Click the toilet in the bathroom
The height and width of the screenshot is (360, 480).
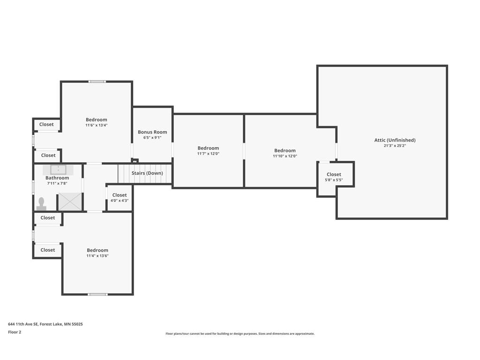click(x=41, y=204)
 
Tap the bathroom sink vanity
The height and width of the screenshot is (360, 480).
click(x=58, y=170)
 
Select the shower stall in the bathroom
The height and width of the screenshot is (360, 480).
click(x=70, y=202)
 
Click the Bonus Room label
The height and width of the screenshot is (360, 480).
click(x=152, y=132)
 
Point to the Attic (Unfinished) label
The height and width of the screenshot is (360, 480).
click(x=395, y=140)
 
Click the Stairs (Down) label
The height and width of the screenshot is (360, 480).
click(x=147, y=173)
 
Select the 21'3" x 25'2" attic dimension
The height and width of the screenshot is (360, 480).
click(x=395, y=146)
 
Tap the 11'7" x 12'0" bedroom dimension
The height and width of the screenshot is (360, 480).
click(x=208, y=154)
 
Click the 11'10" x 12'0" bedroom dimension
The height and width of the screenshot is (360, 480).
click(x=285, y=156)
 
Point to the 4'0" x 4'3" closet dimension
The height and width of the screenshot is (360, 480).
click(x=120, y=201)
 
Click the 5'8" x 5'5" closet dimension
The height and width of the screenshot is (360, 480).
click(x=334, y=180)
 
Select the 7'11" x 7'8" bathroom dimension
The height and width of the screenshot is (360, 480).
click(x=57, y=183)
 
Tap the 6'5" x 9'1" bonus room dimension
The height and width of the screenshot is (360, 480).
click(x=152, y=138)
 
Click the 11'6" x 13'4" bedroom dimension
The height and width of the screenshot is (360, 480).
click(x=97, y=125)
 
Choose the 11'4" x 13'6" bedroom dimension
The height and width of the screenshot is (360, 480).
click(x=97, y=255)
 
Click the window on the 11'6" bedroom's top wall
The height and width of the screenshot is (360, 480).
click(x=97, y=82)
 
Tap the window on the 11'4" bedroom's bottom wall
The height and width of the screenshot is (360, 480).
click(x=97, y=294)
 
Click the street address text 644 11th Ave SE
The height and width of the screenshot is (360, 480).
click(x=23, y=324)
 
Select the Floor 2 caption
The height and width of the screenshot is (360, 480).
click(x=15, y=332)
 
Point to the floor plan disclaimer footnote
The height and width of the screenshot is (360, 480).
click(x=240, y=334)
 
